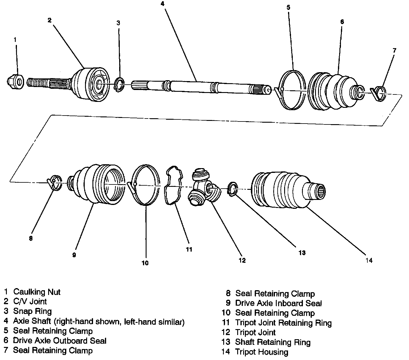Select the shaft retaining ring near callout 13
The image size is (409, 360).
(x=232, y=189)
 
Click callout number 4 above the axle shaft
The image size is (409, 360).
(x=162, y=4)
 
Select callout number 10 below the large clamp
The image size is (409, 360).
(x=145, y=263)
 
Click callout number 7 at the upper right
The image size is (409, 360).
(x=394, y=50)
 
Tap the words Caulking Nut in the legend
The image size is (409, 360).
(x=37, y=292)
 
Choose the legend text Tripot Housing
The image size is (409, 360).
(x=262, y=352)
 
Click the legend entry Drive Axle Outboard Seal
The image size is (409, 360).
(x=59, y=341)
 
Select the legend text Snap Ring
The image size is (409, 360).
(x=32, y=311)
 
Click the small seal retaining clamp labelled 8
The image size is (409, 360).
(x=54, y=182)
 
